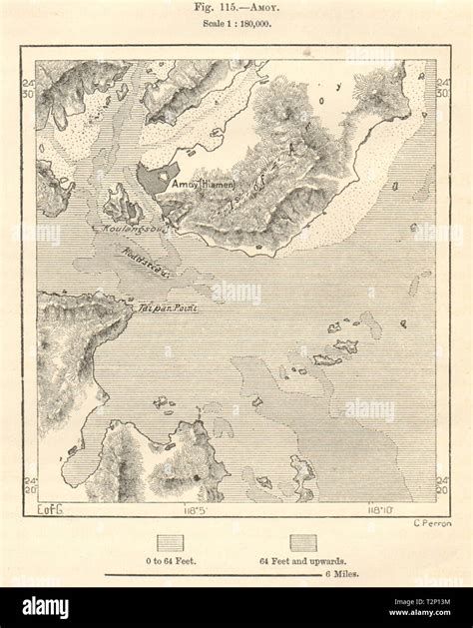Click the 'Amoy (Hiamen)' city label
coord(202,185)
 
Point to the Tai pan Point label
coord(167,309)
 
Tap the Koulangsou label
coord(123,230)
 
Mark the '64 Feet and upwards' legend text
coord(304,562)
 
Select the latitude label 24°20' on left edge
coord(29,484)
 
